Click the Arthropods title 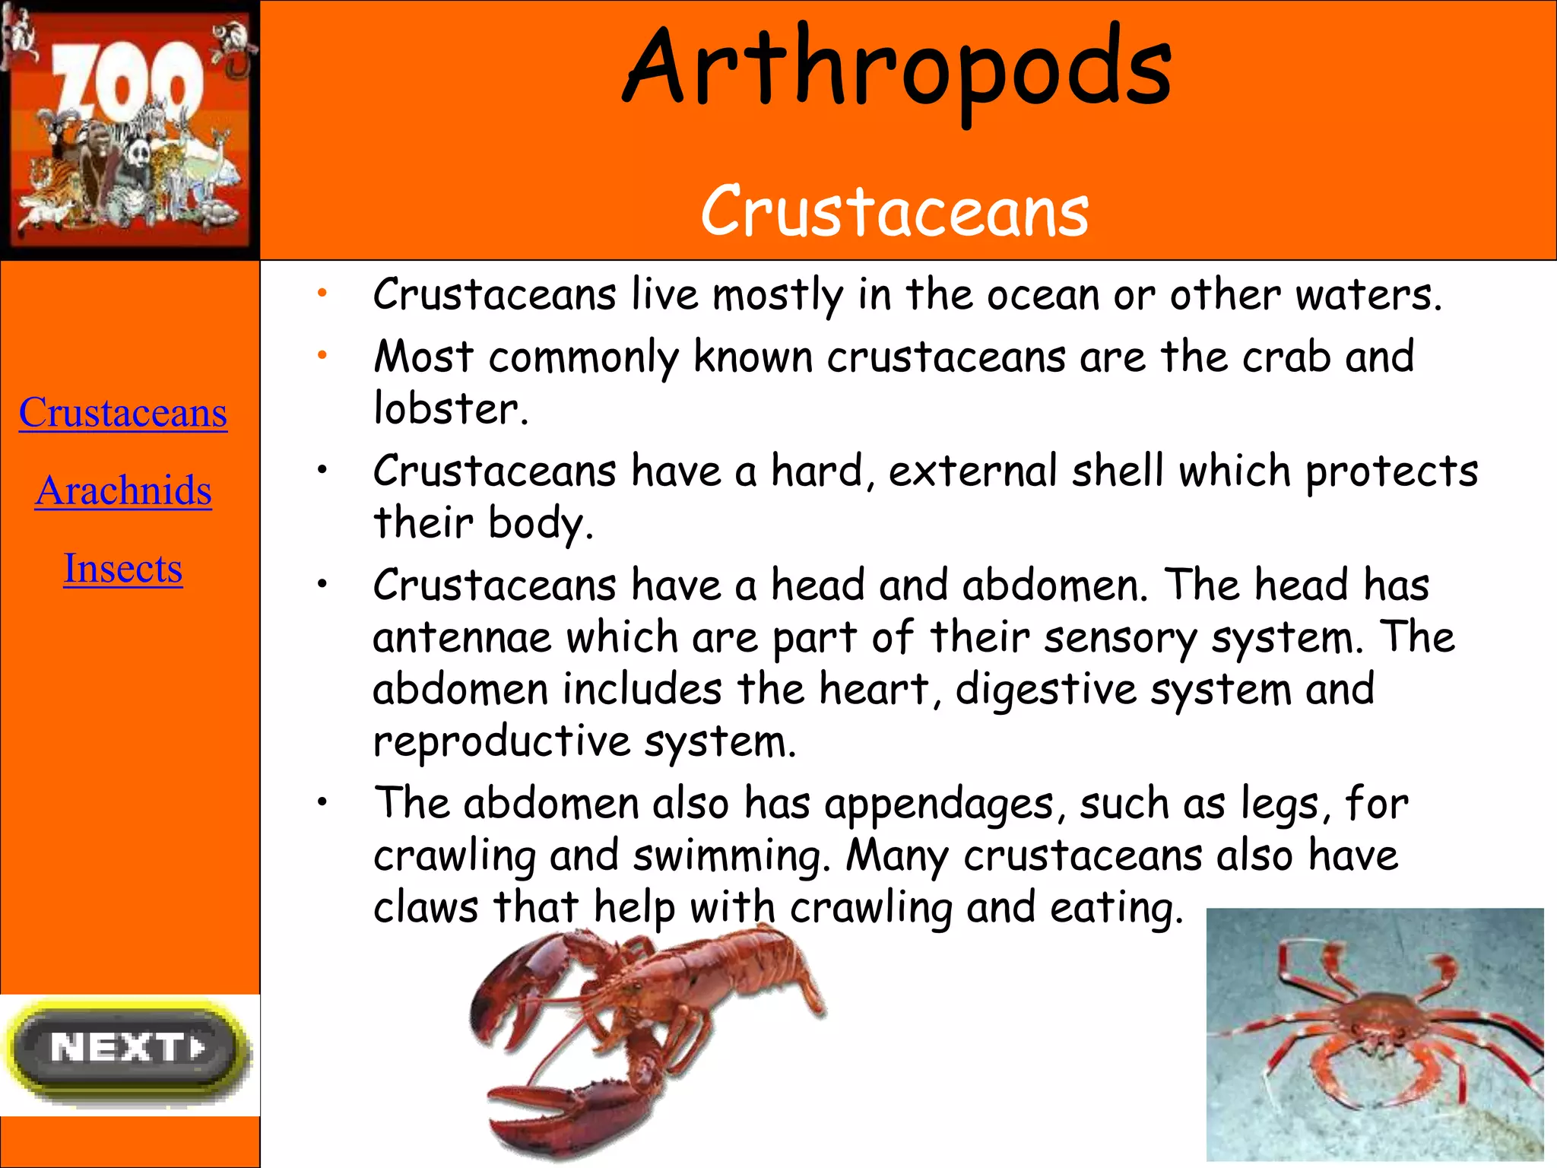point(897,68)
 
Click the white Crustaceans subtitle point(895,211)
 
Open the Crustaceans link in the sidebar point(123,413)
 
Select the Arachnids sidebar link point(123,490)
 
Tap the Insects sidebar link point(123,568)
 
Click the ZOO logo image point(129,129)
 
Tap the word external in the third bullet point(973,471)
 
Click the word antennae point(461,637)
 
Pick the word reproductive point(502,741)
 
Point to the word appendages point(939,805)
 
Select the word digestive point(1045,690)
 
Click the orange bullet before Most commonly point(322,354)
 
